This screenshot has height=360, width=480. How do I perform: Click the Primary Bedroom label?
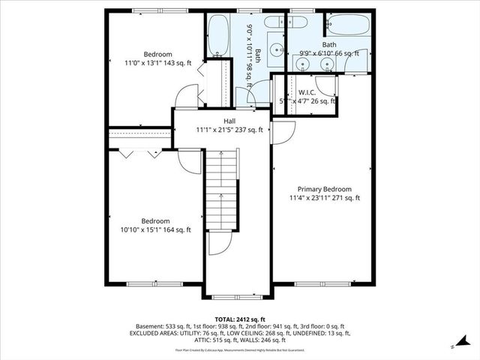[324, 189]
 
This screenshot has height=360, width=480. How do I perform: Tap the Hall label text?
[229, 120]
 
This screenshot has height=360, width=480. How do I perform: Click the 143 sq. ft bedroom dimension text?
[158, 64]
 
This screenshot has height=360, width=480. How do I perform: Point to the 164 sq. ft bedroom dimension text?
[156, 230]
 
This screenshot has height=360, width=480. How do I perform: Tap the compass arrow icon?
[456, 345]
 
